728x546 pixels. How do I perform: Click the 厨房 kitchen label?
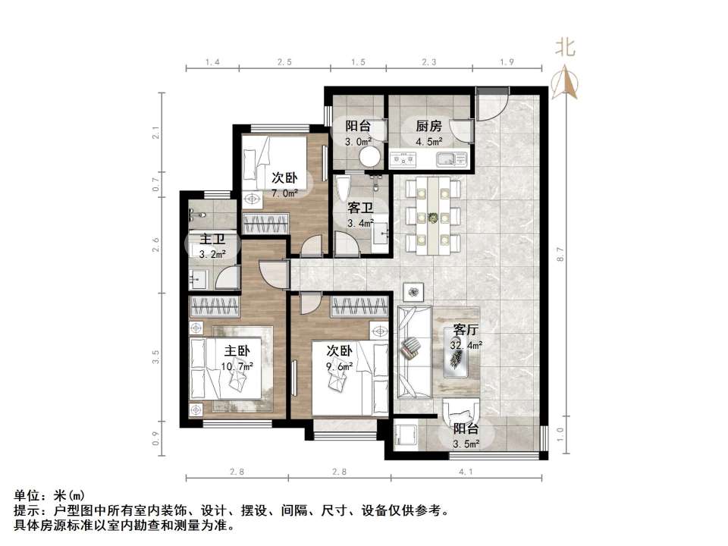[428, 126]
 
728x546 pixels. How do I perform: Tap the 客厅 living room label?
[466, 330]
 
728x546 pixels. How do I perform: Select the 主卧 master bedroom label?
[237, 351]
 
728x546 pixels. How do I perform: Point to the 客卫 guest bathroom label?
[360, 208]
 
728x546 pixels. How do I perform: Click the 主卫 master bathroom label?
[212, 239]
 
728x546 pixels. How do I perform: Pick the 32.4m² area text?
[466, 345]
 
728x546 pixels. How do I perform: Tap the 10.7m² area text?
[237, 366]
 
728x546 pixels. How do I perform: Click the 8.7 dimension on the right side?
[560, 254]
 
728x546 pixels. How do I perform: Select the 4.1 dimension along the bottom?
[466, 472]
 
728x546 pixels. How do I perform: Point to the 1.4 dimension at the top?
[212, 61]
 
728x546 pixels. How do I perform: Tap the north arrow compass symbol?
[564, 82]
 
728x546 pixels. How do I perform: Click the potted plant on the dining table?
[433, 217]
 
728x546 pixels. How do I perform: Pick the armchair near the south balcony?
[460, 411]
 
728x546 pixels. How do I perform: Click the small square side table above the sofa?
[413, 292]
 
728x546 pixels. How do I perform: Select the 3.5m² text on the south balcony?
[466, 444]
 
